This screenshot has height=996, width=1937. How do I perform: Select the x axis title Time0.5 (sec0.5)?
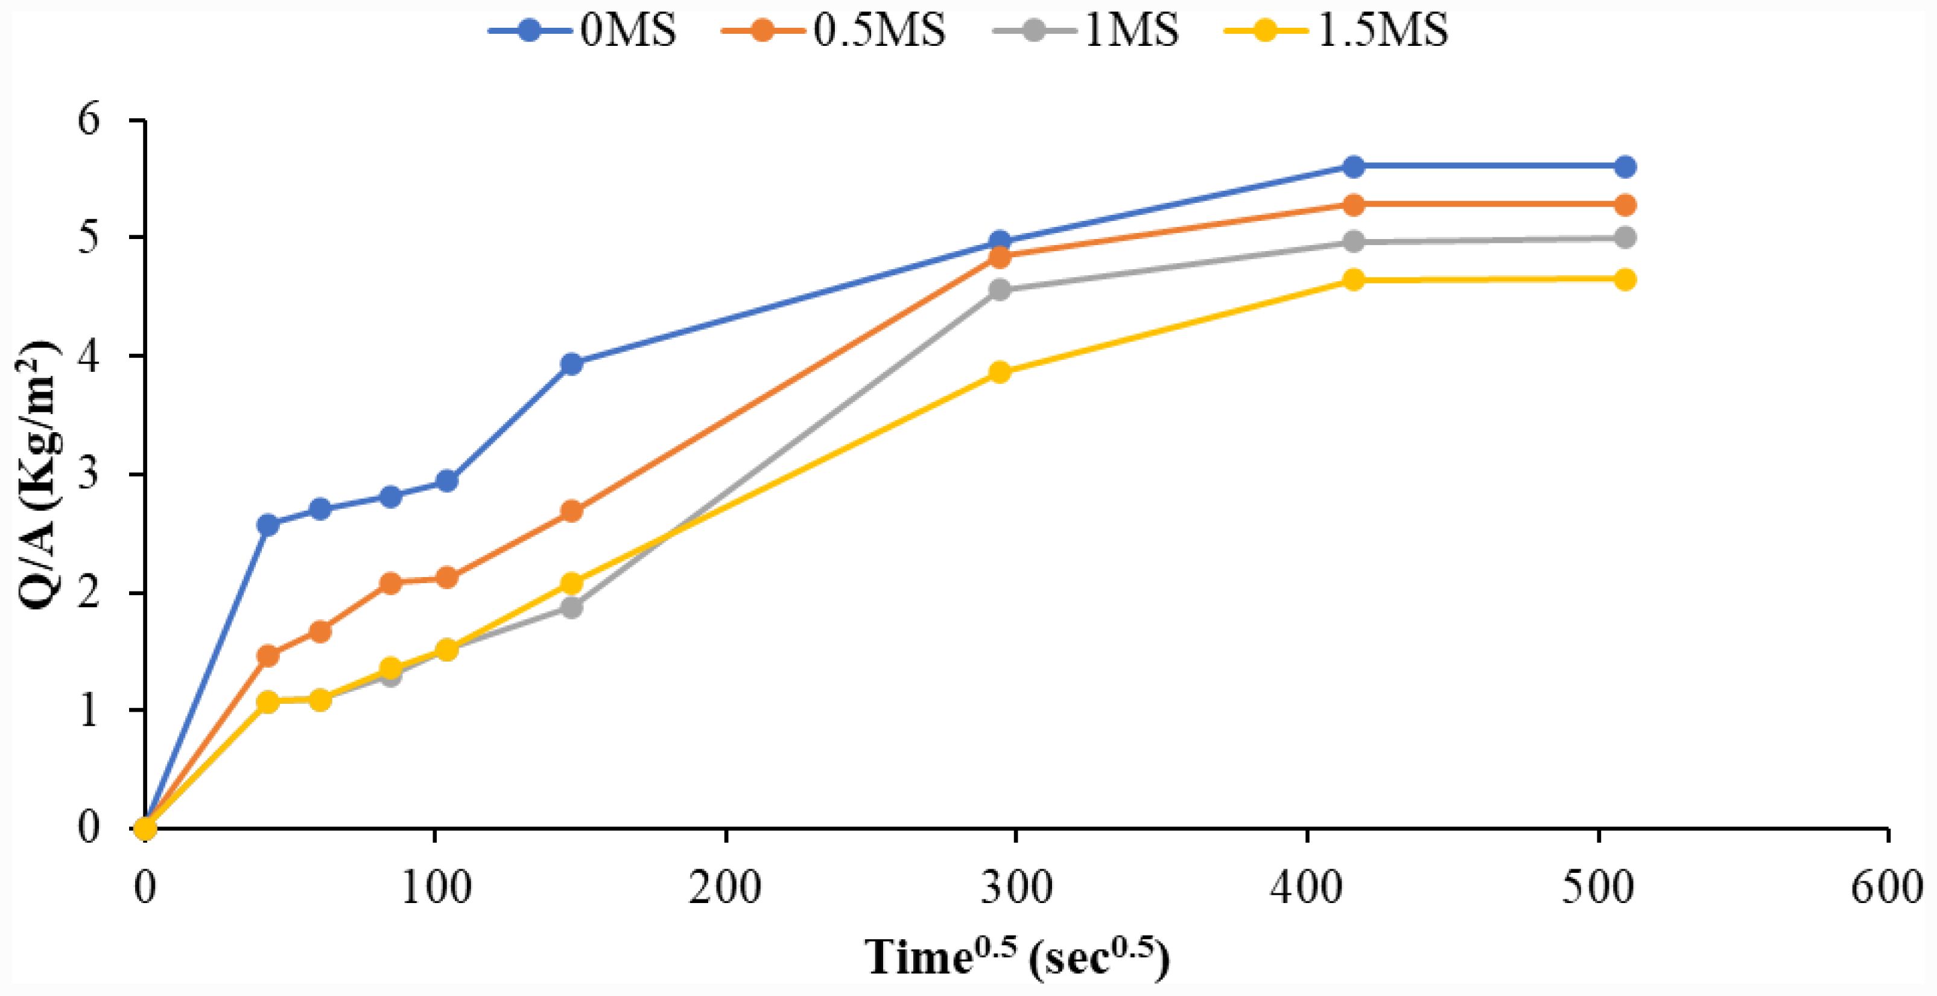[x=1019, y=957]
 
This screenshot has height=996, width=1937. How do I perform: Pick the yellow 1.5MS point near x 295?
[x=1000, y=372]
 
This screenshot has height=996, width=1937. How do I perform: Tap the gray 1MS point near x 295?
[x=1000, y=290]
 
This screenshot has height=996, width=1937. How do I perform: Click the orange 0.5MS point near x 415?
[x=1352, y=205]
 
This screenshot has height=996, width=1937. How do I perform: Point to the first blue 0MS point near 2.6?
[x=267, y=525]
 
